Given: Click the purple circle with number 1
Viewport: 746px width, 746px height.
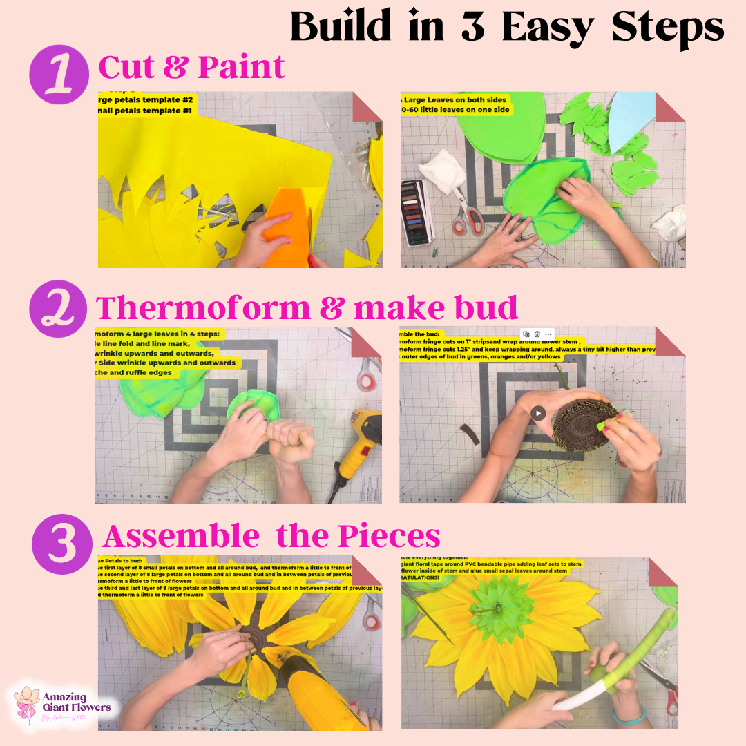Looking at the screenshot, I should click(x=59, y=74).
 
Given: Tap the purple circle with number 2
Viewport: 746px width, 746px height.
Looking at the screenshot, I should click(x=59, y=308).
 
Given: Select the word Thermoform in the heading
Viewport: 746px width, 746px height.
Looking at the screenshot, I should click(x=203, y=307).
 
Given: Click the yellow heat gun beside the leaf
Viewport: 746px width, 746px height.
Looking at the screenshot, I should click(x=360, y=439).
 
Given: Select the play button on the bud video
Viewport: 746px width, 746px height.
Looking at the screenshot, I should click(x=538, y=413).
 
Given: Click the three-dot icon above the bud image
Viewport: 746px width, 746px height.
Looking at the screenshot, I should click(x=548, y=334).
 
